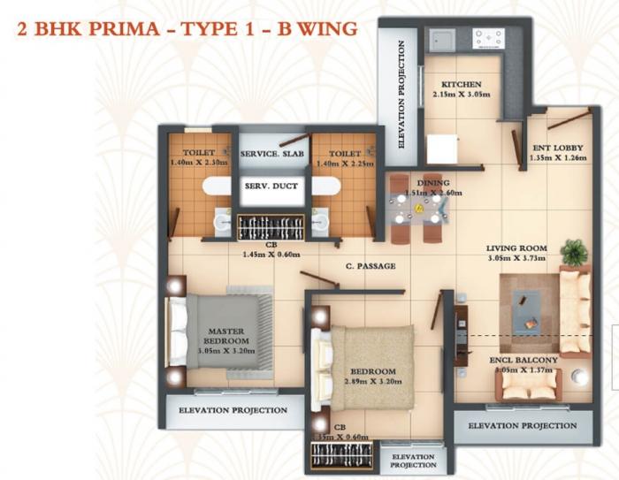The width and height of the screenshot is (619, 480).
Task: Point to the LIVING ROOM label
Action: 518,248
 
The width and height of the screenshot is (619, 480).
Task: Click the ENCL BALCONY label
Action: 524,361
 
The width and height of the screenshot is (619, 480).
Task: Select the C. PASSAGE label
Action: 371,266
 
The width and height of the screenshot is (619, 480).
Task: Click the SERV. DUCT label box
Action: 271,187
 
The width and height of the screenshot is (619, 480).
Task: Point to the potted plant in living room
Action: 573,252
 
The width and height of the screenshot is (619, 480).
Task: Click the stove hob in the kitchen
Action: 488,38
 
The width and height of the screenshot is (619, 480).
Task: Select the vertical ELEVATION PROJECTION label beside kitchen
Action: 401,94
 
